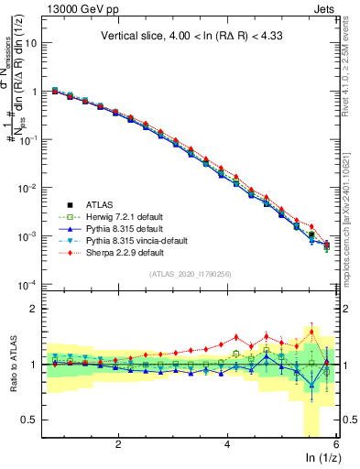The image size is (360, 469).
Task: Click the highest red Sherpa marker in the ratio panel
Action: [311, 332]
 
